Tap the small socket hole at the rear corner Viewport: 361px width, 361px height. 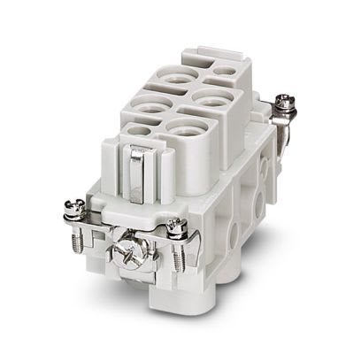[x=226, y=70]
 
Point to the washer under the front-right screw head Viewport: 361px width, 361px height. [x=175, y=234]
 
